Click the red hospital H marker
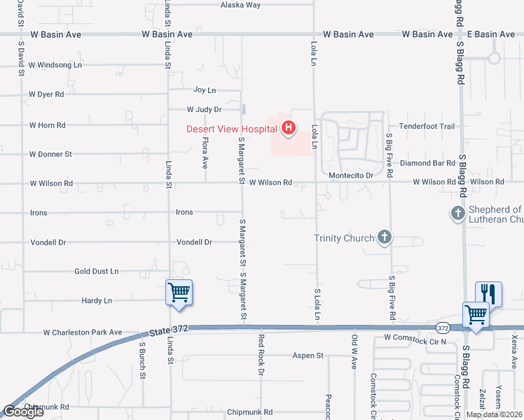pyautogui.click(x=287, y=128)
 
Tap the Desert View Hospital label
pyautogui.click(x=232, y=129)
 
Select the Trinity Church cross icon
pyautogui.click(x=384, y=237)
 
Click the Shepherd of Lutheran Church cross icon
pyautogui.click(x=457, y=213)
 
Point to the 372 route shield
pyautogui.click(x=442, y=327)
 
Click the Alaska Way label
pyautogui.click(x=240, y=5)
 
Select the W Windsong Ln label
pyautogui.click(x=55, y=64)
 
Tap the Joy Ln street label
pyautogui.click(x=205, y=90)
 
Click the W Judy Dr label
pyautogui.click(x=204, y=109)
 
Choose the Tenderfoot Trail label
pyautogui.click(x=427, y=127)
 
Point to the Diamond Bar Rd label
pyautogui.click(x=428, y=163)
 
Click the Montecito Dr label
pyautogui.click(x=349, y=175)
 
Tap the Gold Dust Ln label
pyautogui.click(x=96, y=271)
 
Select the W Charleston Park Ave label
pyautogui.click(x=83, y=332)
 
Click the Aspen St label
pyautogui.click(x=309, y=356)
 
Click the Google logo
pyautogui.click(x=23, y=412)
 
